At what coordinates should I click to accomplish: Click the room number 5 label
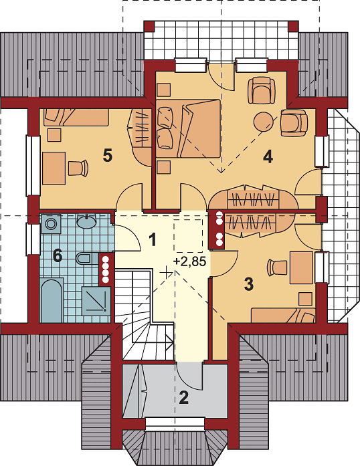[108, 156]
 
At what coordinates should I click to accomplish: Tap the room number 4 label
[268, 156]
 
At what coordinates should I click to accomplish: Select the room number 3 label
[249, 284]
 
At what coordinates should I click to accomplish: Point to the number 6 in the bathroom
[57, 255]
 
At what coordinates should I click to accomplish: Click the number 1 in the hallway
[153, 239]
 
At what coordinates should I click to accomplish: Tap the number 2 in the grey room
[184, 398]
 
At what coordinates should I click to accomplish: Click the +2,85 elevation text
[189, 261]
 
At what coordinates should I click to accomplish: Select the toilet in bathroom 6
[85, 258]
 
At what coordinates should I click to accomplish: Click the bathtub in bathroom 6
[52, 300]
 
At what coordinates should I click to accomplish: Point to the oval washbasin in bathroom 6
[86, 221]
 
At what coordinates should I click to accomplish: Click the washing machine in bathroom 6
[51, 224]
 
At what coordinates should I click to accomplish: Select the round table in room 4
[264, 121]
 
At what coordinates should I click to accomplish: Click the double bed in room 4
[188, 128]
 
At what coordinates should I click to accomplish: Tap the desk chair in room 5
[78, 168]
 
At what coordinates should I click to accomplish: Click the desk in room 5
[54, 168]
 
